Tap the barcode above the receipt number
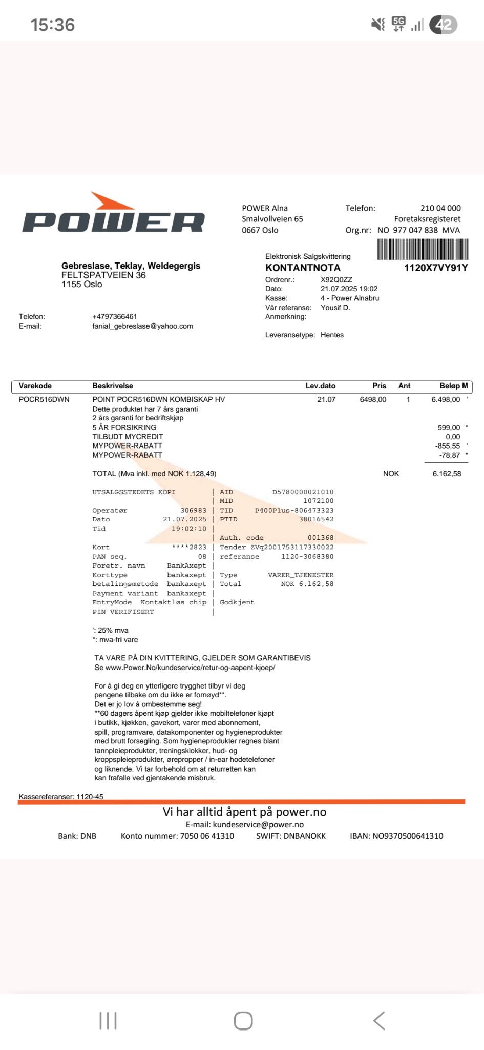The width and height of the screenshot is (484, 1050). tap(422, 250)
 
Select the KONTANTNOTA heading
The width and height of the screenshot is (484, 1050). tap(303, 268)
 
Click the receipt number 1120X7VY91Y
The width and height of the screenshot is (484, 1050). tap(435, 268)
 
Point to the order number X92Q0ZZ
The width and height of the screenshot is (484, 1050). tap(336, 280)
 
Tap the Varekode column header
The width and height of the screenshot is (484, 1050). tap(35, 386)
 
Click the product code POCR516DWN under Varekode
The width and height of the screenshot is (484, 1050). tap(44, 399)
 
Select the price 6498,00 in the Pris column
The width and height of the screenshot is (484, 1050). tap(373, 399)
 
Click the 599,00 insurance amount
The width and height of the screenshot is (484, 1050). tap(449, 427)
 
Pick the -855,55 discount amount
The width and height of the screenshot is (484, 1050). tap(447, 446)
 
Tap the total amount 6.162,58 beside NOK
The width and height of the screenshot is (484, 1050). tap(447, 474)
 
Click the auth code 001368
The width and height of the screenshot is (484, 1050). tap(321, 538)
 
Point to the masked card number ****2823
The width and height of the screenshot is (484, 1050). tap(189, 547)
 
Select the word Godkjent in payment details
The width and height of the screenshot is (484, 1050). tap(237, 602)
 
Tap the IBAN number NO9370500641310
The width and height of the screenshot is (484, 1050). tap(408, 836)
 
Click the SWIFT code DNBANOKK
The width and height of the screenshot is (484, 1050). tap(304, 836)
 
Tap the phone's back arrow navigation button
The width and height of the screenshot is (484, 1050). tap(379, 1020)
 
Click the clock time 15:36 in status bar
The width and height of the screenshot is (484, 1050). tap(52, 25)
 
